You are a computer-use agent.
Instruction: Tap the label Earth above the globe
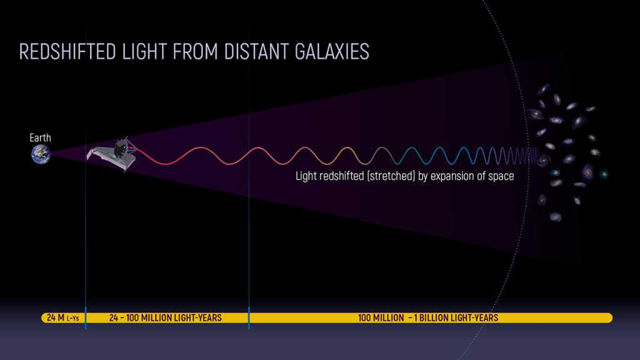tap(40, 138)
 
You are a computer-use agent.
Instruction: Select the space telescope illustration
tap(112, 154)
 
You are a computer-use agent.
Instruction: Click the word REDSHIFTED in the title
tap(67, 52)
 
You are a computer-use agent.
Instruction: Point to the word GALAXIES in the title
tap(332, 52)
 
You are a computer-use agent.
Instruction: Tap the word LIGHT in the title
tap(144, 52)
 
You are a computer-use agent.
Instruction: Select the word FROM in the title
tap(196, 52)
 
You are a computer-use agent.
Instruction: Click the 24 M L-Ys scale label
tap(63, 317)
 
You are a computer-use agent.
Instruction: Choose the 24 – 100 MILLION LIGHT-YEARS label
tap(165, 318)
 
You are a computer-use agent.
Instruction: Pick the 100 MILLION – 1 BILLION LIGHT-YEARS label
tap(428, 318)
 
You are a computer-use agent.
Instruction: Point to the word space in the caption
tap(501, 177)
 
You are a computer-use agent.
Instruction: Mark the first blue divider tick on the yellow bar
tap(85, 318)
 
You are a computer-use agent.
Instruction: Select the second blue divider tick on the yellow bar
tap(249, 318)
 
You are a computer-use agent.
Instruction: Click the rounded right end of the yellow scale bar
tap(609, 318)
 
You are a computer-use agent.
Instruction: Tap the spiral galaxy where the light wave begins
tap(543, 159)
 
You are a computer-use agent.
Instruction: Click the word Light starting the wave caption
tap(304, 176)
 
